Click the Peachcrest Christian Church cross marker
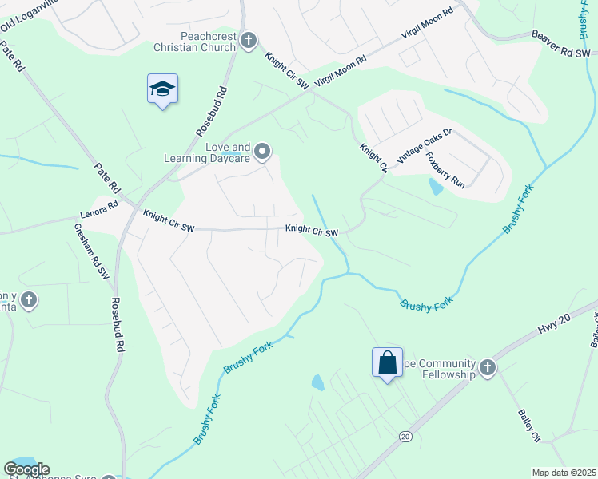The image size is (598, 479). click(x=249, y=40)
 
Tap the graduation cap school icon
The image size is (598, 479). click(x=162, y=89)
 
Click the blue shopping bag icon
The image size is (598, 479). click(x=388, y=362)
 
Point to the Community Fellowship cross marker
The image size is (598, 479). click(x=488, y=368)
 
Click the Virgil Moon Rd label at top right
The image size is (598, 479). click(x=426, y=26)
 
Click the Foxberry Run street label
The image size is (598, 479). click(x=445, y=169)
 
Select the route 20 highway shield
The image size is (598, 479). click(x=405, y=437)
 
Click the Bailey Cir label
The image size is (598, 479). click(x=529, y=425)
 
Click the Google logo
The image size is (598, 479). click(x=26, y=469)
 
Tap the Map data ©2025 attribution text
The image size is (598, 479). click(x=563, y=473)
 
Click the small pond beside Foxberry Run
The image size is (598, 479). click(x=435, y=187)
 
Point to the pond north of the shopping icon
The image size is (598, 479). click(x=318, y=382)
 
